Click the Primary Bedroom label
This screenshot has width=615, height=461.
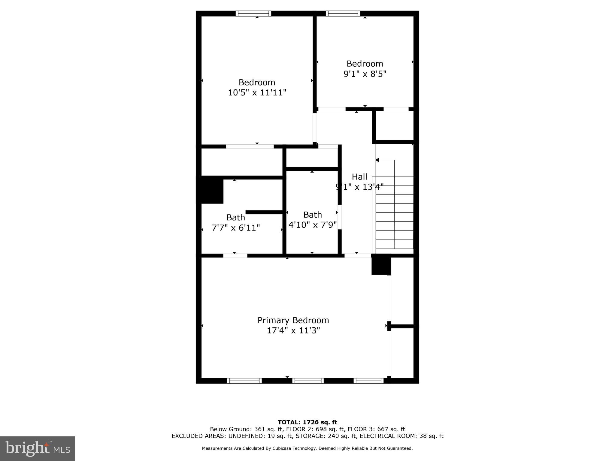tap(293, 320)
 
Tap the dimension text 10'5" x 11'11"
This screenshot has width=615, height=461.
tap(257, 92)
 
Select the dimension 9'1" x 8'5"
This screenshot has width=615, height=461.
tap(365, 74)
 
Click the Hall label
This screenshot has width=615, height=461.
tap(359, 176)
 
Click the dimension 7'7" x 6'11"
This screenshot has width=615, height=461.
tap(236, 228)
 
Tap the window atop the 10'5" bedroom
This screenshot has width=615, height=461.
tap(253, 14)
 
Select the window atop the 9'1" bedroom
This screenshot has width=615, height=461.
tap(343, 14)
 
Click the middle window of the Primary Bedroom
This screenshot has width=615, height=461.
tap(308, 381)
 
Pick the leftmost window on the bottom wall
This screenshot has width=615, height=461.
tap(244, 381)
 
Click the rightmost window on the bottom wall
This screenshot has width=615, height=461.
tap(368, 381)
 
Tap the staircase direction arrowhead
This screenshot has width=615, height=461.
tap(377, 160)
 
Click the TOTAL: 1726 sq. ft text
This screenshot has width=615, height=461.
tap(307, 422)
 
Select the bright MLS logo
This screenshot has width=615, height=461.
tap(38, 448)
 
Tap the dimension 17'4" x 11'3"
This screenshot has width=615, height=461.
tap(293, 330)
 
